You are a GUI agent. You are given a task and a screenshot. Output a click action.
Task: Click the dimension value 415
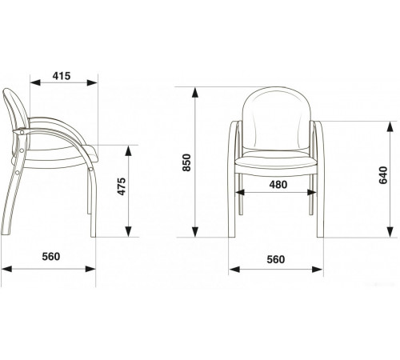[x=62, y=76]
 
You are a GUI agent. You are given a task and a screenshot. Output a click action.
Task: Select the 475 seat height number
[x=122, y=186]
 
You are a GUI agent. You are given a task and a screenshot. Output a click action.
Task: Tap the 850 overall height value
[x=186, y=162]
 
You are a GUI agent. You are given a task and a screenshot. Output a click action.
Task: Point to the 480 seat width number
[x=278, y=185]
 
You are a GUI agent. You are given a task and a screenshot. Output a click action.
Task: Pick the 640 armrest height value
[x=383, y=175]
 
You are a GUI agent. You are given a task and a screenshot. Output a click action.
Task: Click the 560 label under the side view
[x=51, y=256]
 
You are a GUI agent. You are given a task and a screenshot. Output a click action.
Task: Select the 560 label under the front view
[x=276, y=259]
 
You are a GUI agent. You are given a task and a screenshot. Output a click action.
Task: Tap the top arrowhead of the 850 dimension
[x=195, y=92]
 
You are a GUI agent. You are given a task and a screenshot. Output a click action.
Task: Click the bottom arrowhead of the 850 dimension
[x=195, y=232]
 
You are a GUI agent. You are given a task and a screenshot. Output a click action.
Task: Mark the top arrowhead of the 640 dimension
[x=390, y=126]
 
